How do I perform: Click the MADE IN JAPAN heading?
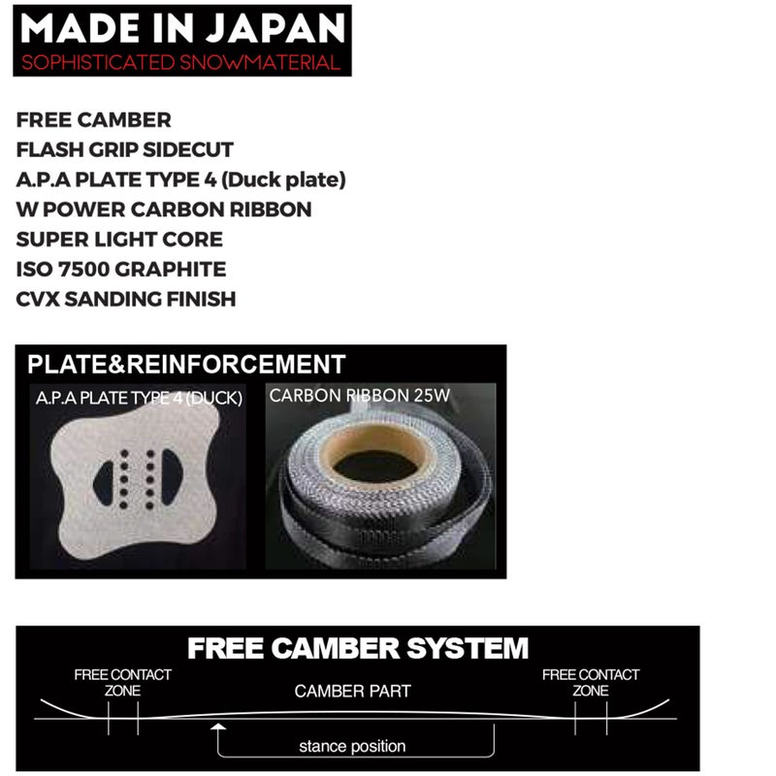(x=182, y=28)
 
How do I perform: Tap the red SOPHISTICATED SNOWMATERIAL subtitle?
(x=181, y=63)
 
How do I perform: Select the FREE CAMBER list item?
(x=93, y=120)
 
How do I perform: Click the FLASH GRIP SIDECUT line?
(x=125, y=150)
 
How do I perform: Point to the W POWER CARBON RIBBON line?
(x=164, y=210)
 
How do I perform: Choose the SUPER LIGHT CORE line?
(x=119, y=240)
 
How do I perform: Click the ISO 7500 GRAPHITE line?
(x=121, y=270)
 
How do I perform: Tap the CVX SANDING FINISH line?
(x=126, y=299)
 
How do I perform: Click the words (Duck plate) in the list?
(x=283, y=180)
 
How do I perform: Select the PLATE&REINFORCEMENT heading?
(x=186, y=365)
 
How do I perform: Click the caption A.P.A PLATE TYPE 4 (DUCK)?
(x=139, y=398)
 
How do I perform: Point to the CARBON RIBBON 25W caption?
(x=360, y=396)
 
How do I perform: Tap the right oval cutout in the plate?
(x=172, y=476)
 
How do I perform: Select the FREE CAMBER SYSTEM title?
(x=358, y=648)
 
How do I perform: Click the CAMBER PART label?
(x=352, y=691)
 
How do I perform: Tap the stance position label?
(x=352, y=746)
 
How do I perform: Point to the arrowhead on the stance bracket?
(x=217, y=727)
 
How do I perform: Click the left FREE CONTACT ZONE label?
(x=123, y=683)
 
